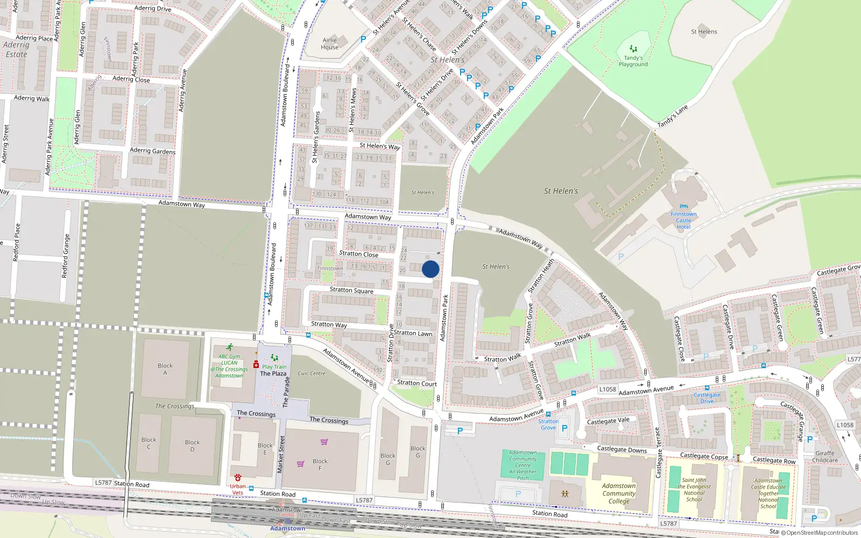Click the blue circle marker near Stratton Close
430,269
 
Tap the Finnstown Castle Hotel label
683,220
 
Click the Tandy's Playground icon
633,49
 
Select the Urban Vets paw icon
238,478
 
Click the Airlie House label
330,44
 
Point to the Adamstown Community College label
619,493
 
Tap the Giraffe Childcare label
825,457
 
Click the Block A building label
165,369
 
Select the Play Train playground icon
274,358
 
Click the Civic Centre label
312,373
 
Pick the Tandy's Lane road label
673,117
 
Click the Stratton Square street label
351,290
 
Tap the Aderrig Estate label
16,49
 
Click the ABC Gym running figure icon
230,348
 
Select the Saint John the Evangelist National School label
694,490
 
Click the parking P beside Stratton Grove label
564,428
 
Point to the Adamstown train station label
287,528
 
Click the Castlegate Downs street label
622,449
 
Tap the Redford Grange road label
66,256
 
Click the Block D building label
192,445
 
